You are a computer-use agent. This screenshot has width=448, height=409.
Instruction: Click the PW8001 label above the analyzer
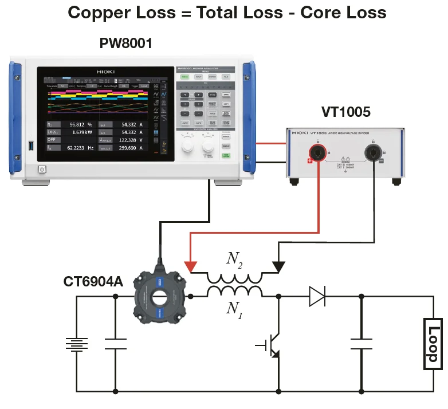[x=125, y=43]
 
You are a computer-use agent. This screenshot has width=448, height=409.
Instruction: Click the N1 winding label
[x=233, y=309]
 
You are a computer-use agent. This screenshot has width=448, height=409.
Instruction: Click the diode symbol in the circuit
[x=317, y=296]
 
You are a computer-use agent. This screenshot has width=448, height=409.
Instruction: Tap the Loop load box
[x=432, y=344]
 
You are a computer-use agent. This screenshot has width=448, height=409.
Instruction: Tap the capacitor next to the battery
[x=116, y=344]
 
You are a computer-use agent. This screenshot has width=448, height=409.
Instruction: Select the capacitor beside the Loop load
[x=361, y=344]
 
